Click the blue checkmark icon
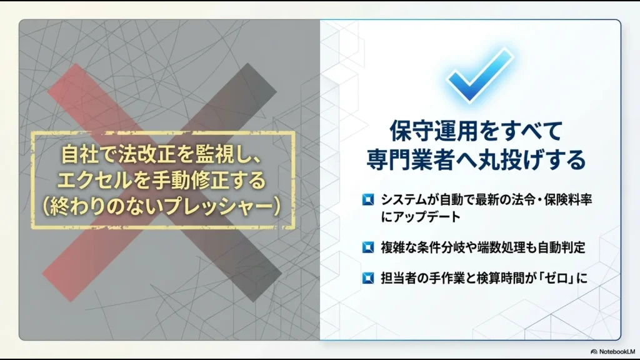[479, 76]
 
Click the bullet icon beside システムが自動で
[368, 201]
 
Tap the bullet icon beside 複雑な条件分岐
[368, 247]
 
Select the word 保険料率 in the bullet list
[569, 201]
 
